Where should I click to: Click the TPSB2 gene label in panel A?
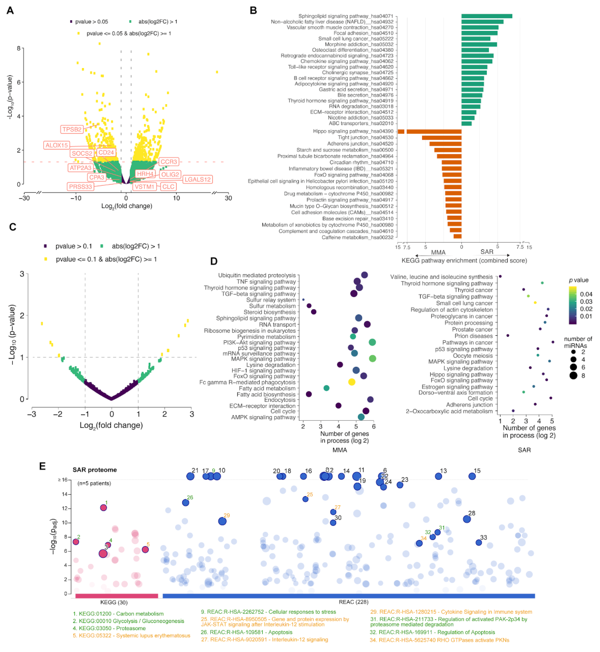coord(72,129)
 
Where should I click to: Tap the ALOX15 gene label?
coord(57,145)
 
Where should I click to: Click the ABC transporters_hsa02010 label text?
coord(361,123)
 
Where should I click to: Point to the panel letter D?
coord(214,261)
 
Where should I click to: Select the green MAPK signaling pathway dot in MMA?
coord(372,358)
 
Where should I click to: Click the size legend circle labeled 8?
coord(573,376)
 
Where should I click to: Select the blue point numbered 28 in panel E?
coord(467,519)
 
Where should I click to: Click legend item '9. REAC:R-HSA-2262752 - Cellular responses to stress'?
coord(268,612)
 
